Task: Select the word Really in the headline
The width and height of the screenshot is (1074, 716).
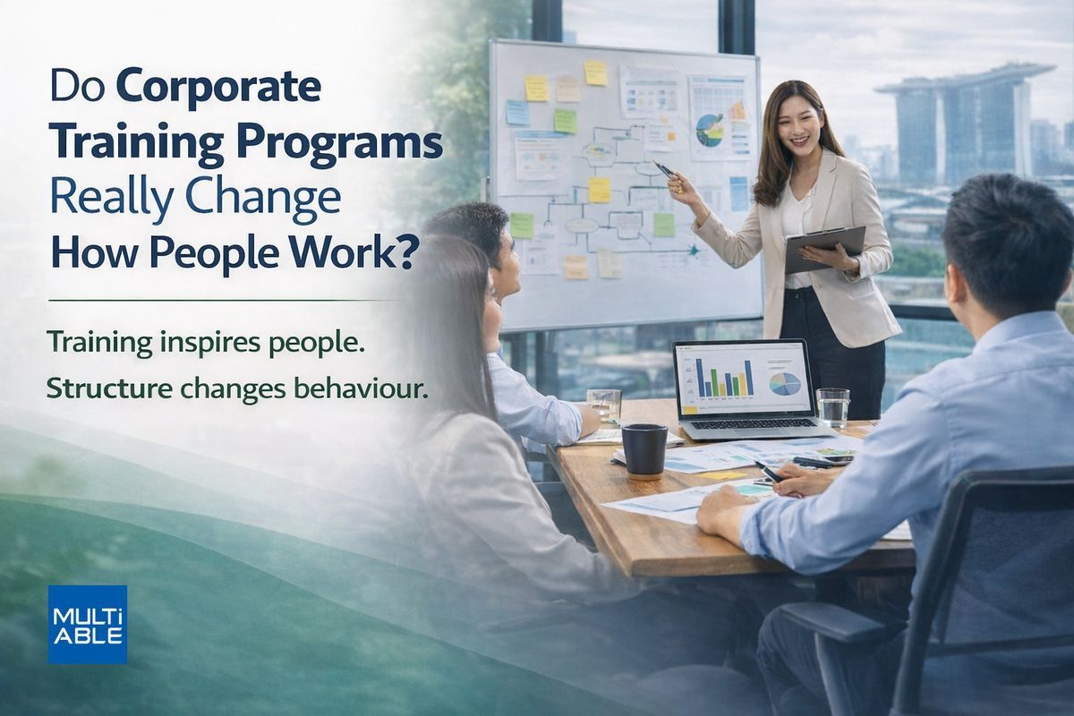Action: click(110, 199)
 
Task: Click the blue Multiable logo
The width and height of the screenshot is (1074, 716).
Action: click(88, 625)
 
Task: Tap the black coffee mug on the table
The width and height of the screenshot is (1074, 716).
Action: click(644, 452)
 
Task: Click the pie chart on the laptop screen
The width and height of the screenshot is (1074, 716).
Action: click(785, 384)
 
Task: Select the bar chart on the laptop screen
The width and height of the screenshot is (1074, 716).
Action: click(724, 379)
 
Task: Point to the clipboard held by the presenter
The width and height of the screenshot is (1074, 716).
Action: click(824, 249)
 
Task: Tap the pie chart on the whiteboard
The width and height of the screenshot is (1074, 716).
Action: click(709, 130)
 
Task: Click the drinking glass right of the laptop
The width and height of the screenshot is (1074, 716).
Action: click(833, 407)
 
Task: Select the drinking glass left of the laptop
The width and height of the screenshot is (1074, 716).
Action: click(603, 405)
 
